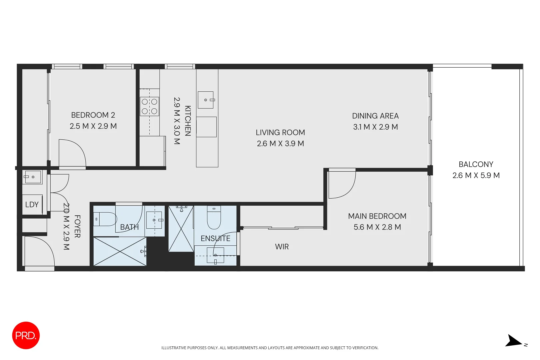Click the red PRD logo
(26, 335)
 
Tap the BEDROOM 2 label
(93, 115)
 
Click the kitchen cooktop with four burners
(149, 106)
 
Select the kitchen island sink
(206, 100)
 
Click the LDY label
(32, 205)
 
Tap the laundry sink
(32, 177)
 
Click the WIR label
(282, 247)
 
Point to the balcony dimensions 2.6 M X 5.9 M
(476, 175)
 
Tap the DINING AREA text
(375, 116)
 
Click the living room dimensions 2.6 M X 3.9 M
(280, 144)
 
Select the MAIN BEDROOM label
(377, 216)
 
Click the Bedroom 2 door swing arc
(75, 152)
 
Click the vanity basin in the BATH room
(154, 220)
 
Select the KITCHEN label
(188, 121)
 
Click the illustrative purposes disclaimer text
(270, 348)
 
